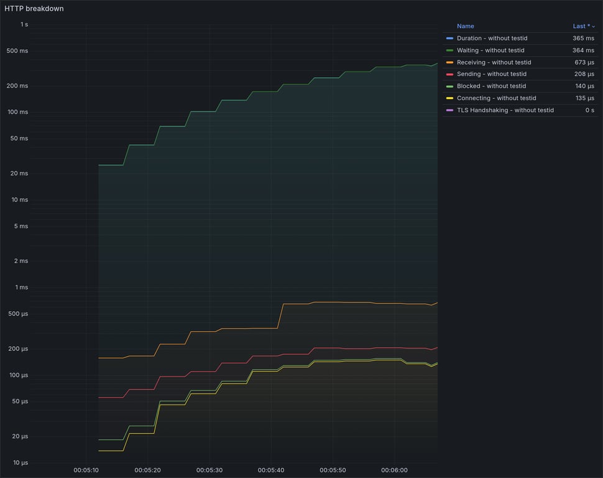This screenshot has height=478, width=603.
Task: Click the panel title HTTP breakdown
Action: [x=34, y=9]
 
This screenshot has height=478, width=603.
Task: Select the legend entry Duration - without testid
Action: [x=491, y=39]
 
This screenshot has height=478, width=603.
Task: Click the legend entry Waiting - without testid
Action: [x=490, y=50]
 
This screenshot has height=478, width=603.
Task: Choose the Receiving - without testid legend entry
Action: [x=494, y=62]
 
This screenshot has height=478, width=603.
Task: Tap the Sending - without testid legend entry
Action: [x=491, y=74]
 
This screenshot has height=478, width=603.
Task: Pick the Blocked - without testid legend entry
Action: [x=491, y=86]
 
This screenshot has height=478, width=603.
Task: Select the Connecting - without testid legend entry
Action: [x=496, y=98]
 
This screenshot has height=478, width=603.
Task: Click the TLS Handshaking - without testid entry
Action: [x=505, y=110]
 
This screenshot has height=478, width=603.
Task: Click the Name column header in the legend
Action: [x=465, y=26]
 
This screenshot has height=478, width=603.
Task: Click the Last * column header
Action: [x=581, y=26]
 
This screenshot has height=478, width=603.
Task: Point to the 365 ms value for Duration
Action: [x=583, y=39]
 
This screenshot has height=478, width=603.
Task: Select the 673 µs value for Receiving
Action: [x=584, y=62]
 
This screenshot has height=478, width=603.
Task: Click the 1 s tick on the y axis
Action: [x=24, y=24]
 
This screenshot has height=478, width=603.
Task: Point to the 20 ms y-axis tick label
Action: [x=20, y=174]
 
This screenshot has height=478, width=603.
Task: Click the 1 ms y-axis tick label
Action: [x=22, y=288]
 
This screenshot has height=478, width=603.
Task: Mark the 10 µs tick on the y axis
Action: [x=21, y=463]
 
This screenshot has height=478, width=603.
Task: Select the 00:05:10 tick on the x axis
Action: [x=86, y=470]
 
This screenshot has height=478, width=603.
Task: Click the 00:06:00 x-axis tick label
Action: [x=394, y=470]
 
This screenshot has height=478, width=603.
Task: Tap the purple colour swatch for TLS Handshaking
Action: [x=449, y=110]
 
